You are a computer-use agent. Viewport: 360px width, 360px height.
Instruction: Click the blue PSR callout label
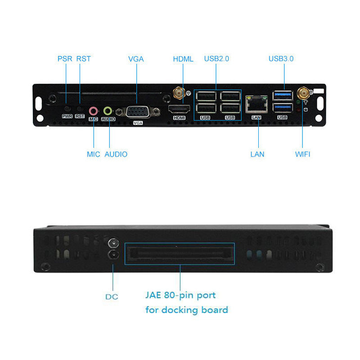point(65,58)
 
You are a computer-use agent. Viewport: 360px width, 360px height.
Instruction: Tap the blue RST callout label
point(83,58)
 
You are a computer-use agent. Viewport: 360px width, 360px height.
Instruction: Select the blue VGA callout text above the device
point(136,58)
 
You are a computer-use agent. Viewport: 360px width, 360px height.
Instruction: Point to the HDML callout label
point(183,59)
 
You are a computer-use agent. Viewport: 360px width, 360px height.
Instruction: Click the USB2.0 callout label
point(216,58)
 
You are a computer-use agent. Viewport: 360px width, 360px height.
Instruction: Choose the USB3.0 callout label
point(281,58)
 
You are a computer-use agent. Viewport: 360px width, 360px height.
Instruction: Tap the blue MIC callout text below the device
point(94,154)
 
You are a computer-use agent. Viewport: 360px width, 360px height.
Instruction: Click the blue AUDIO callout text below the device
point(116,154)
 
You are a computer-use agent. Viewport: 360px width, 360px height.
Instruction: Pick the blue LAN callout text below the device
point(257,154)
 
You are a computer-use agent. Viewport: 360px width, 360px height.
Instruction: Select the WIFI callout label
point(303,154)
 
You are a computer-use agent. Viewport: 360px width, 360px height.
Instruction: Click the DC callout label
point(112,297)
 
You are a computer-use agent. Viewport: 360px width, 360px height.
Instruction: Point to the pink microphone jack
point(94,110)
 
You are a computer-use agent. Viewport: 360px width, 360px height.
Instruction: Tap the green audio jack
point(108,110)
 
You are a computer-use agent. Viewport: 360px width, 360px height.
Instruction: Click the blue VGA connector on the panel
point(138,112)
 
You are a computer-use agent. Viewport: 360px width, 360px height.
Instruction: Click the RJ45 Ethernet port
point(256,104)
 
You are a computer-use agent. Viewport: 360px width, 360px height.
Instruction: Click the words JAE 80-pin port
point(180,296)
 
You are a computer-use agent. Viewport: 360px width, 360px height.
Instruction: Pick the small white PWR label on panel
point(67,116)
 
